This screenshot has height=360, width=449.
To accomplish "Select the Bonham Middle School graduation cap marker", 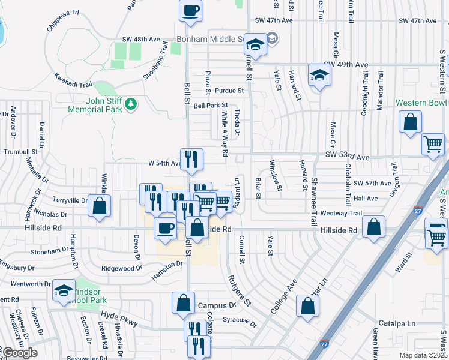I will (255, 46).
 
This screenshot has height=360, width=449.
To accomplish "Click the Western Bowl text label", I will (423, 103).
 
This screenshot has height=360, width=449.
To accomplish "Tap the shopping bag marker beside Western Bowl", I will (410, 122).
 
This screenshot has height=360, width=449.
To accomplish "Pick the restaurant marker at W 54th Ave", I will (191, 159).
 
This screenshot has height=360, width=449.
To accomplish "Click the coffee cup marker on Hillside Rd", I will (166, 228).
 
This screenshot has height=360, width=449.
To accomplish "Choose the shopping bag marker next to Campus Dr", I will (184, 304).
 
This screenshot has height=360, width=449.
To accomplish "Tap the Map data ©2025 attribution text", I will (424, 355).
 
